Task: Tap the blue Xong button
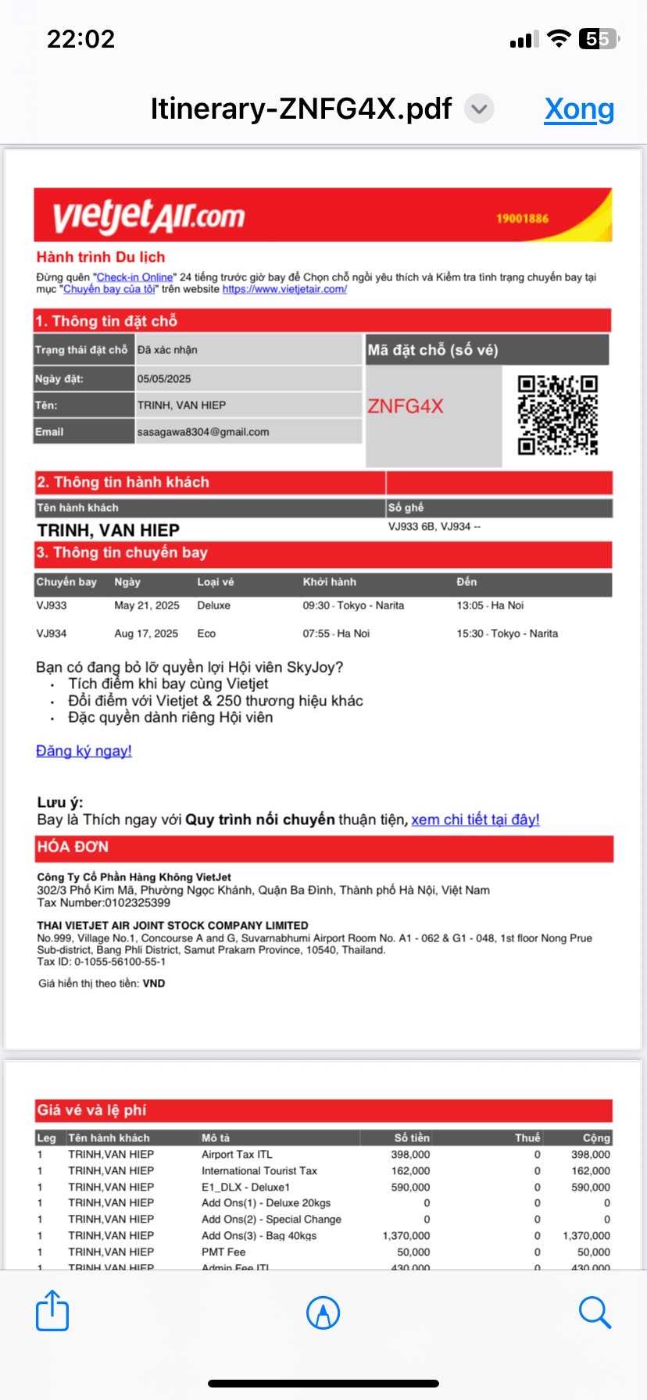[579, 109]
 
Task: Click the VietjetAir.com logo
[148, 216]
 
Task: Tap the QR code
[557, 415]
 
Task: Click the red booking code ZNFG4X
[405, 406]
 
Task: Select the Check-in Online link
[134, 277]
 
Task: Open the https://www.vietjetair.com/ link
[284, 289]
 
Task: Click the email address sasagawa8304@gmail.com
[203, 432]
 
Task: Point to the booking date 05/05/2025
[164, 379]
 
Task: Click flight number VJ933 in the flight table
[52, 605]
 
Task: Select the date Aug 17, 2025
[146, 634]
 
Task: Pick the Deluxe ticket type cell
[213, 605]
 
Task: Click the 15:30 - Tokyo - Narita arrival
[507, 634]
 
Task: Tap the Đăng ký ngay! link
[84, 751]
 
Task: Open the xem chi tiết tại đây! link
[475, 820]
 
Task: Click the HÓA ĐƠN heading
[73, 847]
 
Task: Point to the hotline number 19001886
[522, 219]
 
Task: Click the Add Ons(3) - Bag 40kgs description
[259, 1235]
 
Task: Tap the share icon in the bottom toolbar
[52, 1311]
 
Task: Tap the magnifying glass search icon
[595, 1312]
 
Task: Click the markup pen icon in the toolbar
[323, 1312]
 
